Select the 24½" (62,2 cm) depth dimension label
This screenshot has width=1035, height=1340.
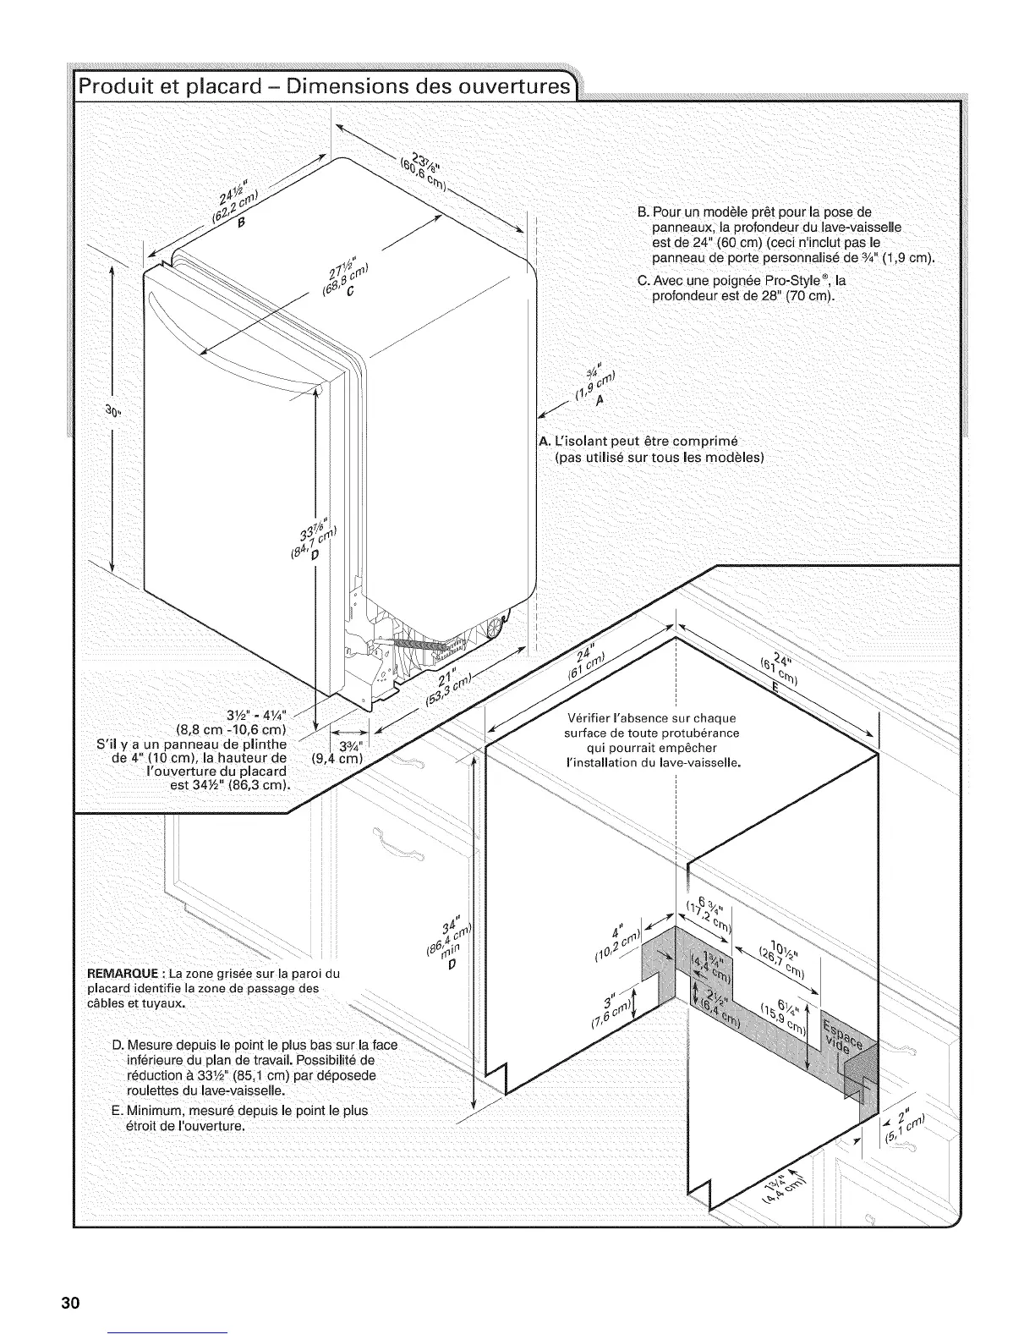[x=233, y=208]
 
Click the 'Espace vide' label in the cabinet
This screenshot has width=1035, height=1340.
[x=841, y=1030]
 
